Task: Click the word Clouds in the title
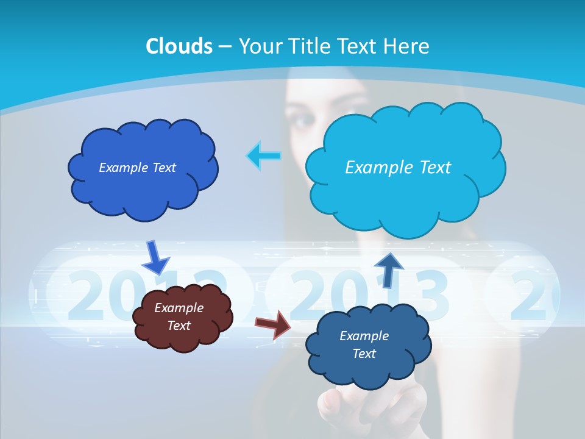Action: pos(179,46)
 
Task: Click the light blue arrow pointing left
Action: pos(264,156)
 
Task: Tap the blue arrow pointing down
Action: pos(155,257)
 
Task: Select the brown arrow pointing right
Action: pos(273,324)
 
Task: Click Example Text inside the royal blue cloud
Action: pos(137,168)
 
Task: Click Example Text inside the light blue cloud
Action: pos(398,168)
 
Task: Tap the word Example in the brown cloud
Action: pos(179,308)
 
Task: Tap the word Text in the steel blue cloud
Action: pos(364,354)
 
